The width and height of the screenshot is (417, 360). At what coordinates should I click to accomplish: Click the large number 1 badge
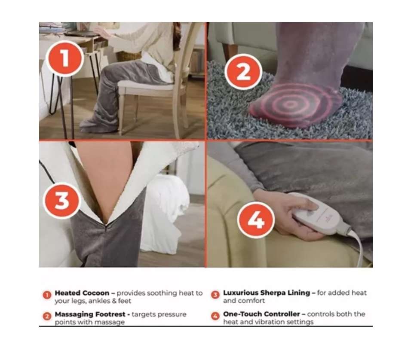coord(64,59)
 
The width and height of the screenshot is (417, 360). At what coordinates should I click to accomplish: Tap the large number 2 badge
coord(243,72)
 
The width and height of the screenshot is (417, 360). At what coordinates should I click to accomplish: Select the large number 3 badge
coord(61,201)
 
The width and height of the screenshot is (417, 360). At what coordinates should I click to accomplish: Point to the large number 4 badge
coord(256,220)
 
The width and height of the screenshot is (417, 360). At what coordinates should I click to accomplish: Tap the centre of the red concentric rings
coord(290,104)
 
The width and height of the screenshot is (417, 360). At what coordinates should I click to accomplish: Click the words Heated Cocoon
coord(82,293)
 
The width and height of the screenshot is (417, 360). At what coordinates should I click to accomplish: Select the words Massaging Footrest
coord(90,314)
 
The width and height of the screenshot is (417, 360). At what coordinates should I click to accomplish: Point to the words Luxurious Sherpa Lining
coord(267,293)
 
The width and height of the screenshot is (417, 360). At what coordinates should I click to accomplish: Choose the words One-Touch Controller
coord(261,314)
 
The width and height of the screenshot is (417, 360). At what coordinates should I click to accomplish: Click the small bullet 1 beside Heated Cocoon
coord(47,295)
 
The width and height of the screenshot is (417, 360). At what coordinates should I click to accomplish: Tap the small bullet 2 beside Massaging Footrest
coord(47,316)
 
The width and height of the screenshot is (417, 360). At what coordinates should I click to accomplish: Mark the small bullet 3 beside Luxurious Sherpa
coord(215,295)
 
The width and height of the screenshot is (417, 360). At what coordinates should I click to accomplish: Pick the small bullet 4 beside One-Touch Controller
coord(215,316)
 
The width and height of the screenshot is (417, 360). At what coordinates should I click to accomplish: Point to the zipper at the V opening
coord(106,226)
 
